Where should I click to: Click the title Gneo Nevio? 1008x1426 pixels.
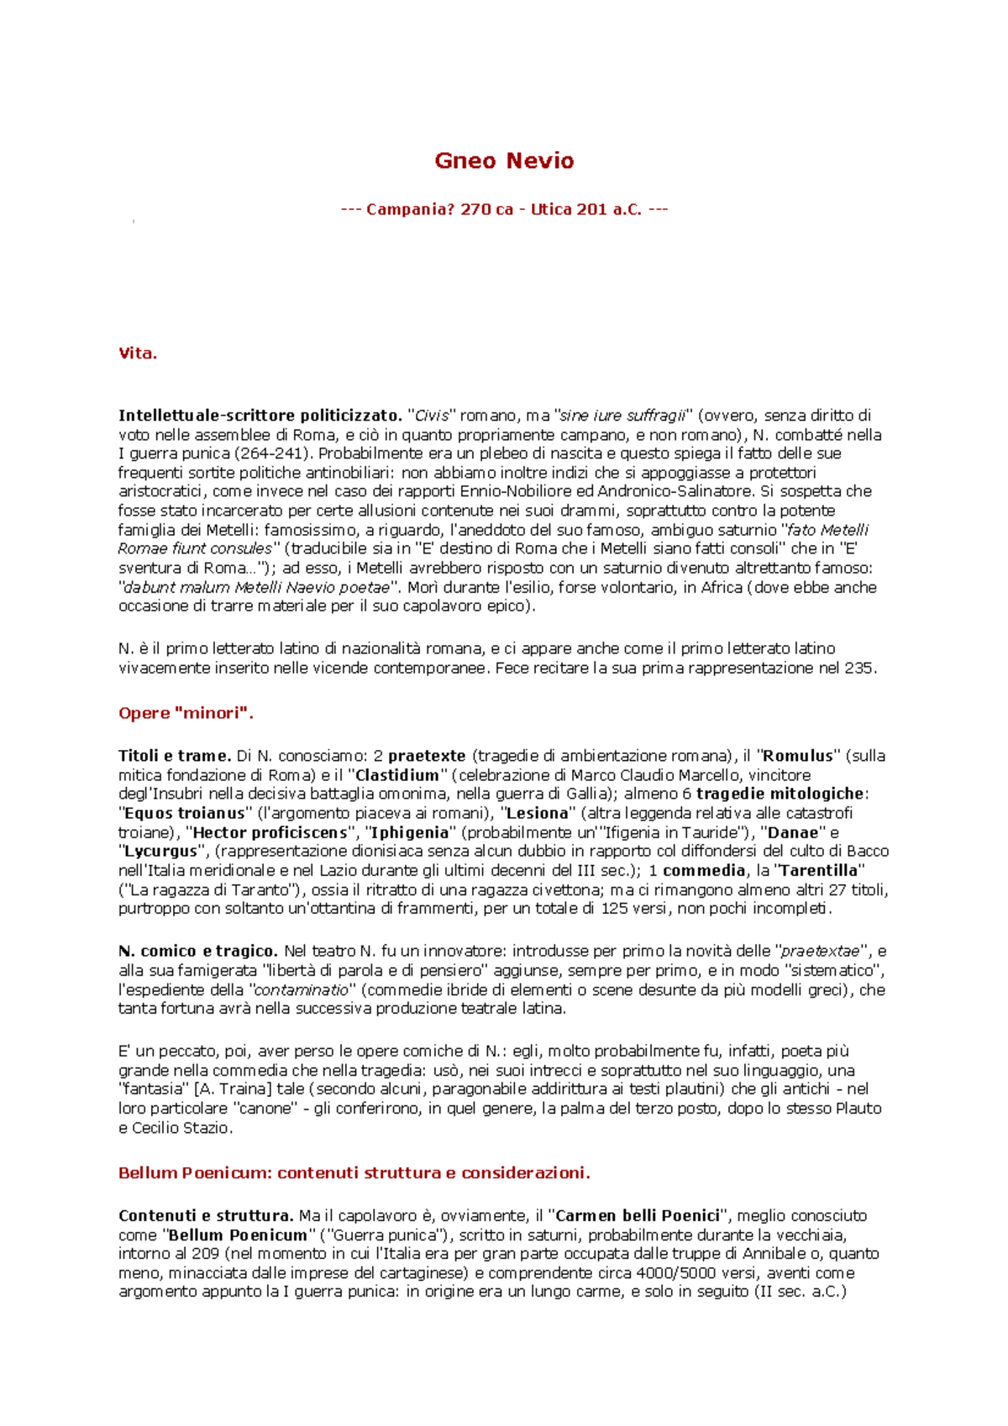[504, 160]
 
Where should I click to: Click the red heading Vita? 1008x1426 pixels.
[138, 354]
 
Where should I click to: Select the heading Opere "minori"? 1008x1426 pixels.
[186, 713]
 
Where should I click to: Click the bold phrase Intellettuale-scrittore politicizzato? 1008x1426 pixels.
[260, 416]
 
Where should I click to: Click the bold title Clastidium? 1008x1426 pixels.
[397, 775]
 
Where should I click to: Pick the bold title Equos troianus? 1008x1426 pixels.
[184, 813]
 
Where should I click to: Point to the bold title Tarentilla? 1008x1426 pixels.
[819, 870]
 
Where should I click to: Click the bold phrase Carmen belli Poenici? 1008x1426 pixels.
[638, 1215]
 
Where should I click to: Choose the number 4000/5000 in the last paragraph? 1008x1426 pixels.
[675, 1273]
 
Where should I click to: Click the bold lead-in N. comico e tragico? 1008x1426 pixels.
[197, 951]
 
